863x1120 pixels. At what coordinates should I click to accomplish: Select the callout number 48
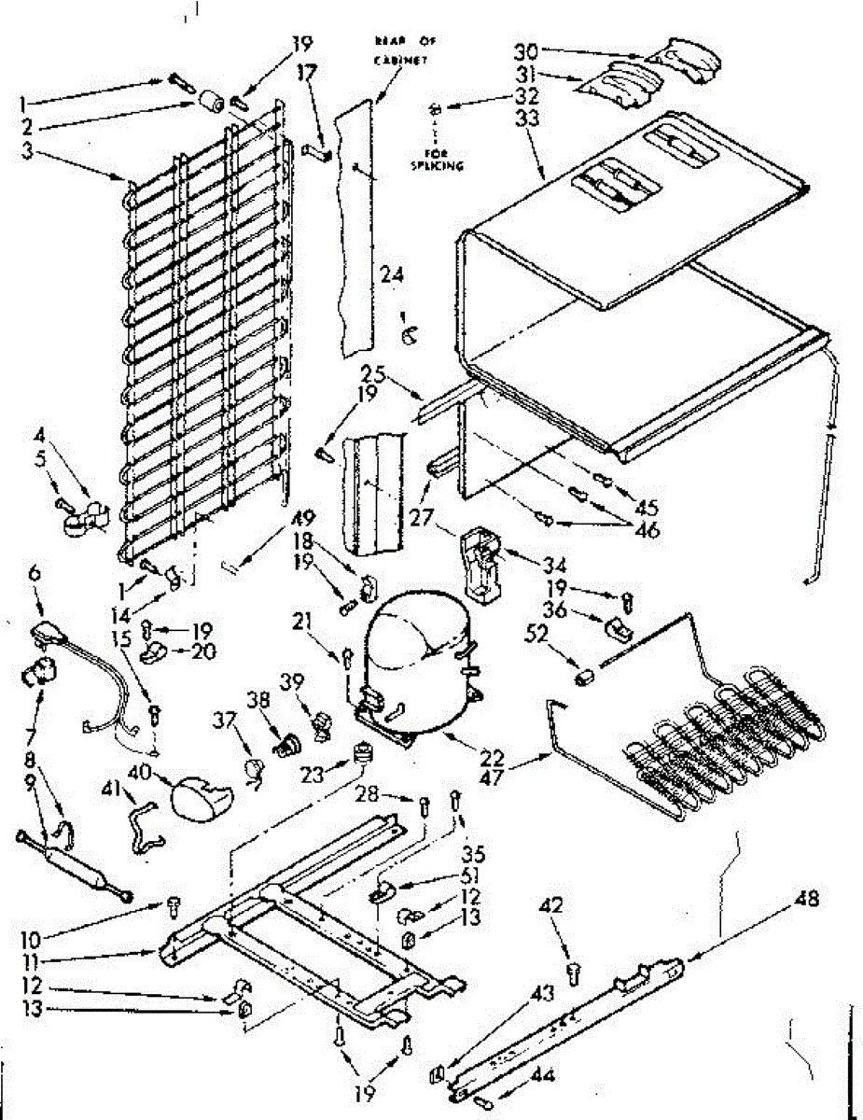(807, 901)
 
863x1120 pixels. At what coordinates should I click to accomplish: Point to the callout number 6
(35, 576)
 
